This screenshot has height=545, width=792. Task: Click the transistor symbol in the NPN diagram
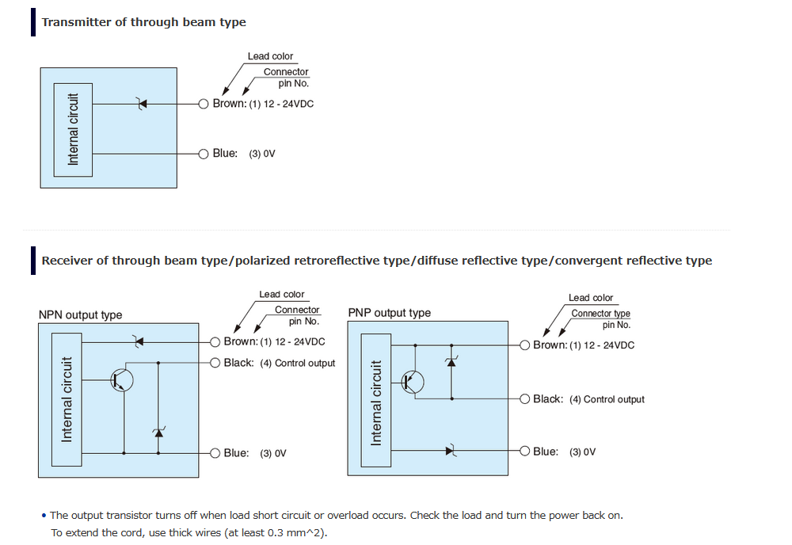[x=122, y=379]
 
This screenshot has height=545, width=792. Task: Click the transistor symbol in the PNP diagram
[x=413, y=383]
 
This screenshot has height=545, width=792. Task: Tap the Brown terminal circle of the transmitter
[x=204, y=104]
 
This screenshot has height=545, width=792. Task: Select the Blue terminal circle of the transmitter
[x=204, y=154]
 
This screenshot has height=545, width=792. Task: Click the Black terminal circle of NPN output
[x=215, y=363]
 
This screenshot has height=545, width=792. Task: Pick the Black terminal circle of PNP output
[x=525, y=399]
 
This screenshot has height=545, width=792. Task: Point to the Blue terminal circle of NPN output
[x=215, y=453]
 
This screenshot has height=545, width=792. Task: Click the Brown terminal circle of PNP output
[x=525, y=345]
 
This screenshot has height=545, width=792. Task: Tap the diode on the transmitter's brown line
[x=143, y=104]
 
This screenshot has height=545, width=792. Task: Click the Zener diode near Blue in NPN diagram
[x=158, y=433]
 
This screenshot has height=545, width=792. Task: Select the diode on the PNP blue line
[x=451, y=451]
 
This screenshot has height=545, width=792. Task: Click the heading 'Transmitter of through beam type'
[x=144, y=22]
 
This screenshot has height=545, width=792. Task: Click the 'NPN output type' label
[x=80, y=314]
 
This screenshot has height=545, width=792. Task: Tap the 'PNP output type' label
[x=390, y=313]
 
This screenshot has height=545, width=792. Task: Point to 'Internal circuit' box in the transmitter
[x=73, y=130]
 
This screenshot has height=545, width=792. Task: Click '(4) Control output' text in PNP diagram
[x=607, y=399]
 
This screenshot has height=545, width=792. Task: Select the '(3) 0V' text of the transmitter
[x=262, y=154]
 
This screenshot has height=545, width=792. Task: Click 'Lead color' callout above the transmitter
[x=270, y=56]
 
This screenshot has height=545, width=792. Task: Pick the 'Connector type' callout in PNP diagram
[x=601, y=314]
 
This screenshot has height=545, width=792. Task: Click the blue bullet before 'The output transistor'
[x=44, y=516]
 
